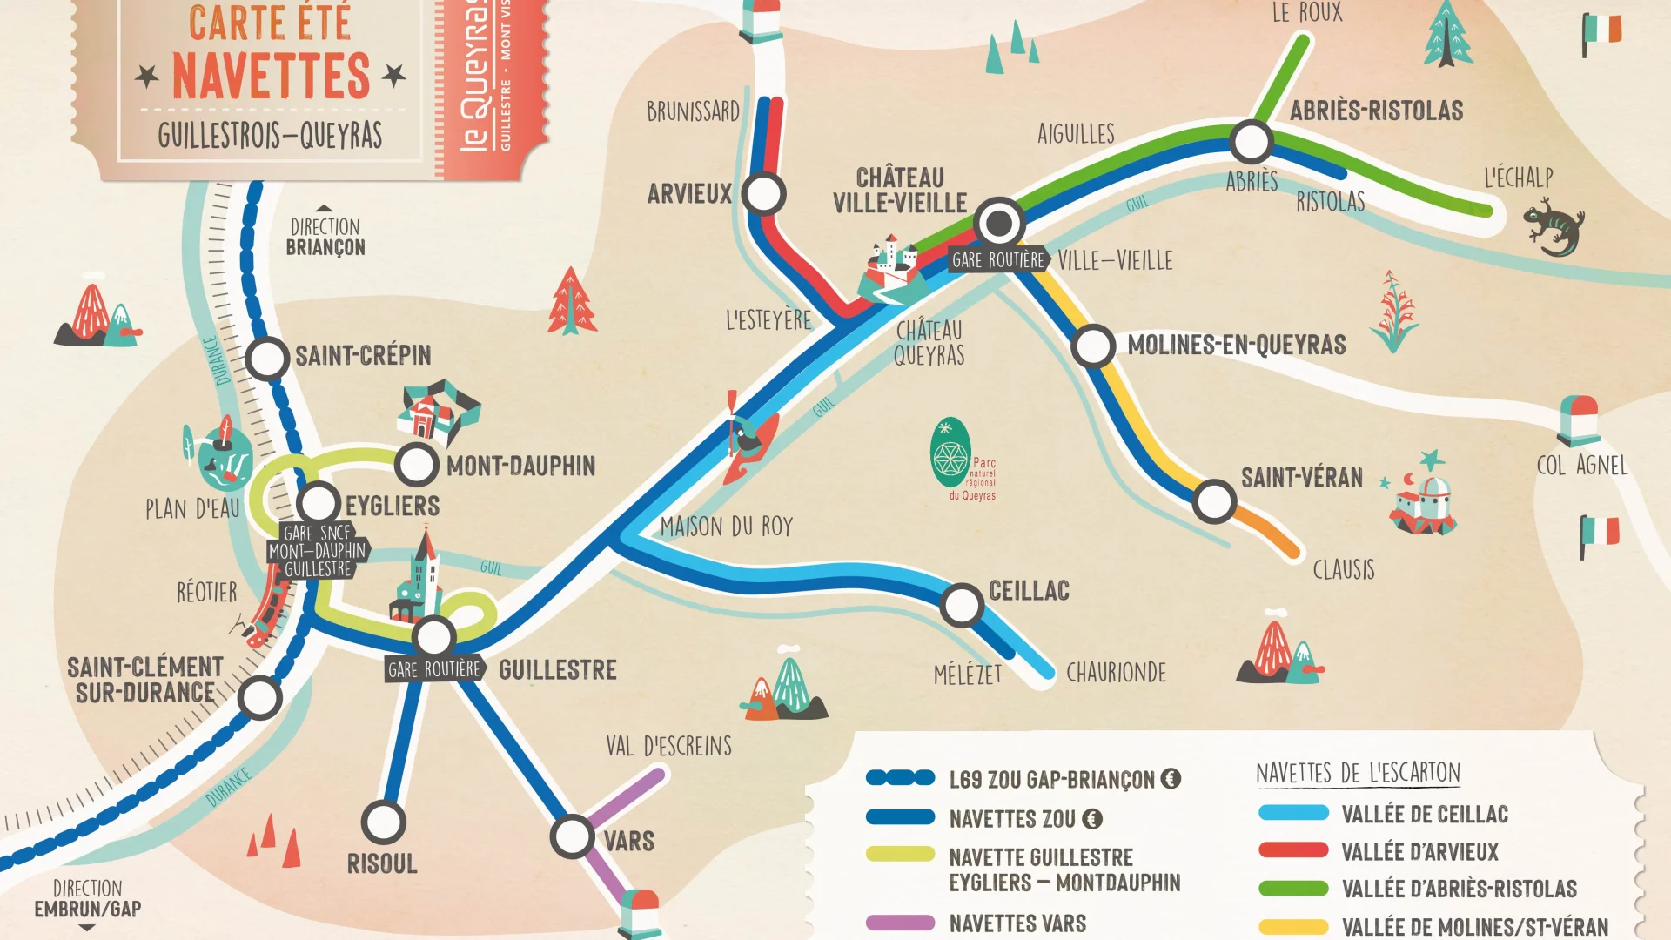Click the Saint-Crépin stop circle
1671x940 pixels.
pyautogui.click(x=266, y=358)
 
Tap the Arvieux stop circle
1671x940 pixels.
pyautogui.click(x=764, y=194)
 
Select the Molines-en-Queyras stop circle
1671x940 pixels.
pyautogui.click(x=1093, y=346)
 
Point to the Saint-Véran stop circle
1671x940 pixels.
pyautogui.click(x=1214, y=501)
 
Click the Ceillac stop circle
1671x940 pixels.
pyautogui.click(x=962, y=605)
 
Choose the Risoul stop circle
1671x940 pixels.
pyautogui.click(x=383, y=822)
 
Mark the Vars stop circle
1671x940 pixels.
pyautogui.click(x=572, y=836)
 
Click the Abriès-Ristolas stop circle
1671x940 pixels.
pyautogui.click(x=1252, y=142)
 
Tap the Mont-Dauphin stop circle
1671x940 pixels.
pyautogui.click(x=416, y=465)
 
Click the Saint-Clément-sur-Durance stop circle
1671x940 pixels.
pyautogui.click(x=259, y=697)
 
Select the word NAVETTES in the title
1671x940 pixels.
pyautogui.click(x=271, y=76)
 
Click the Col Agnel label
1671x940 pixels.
pyautogui.click(x=1581, y=466)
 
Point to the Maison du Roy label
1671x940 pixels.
pyautogui.click(x=727, y=527)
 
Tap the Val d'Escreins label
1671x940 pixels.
pyautogui.click(x=668, y=746)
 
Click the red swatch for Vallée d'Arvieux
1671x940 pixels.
pyautogui.click(x=1293, y=850)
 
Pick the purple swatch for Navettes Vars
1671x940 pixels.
pyautogui.click(x=900, y=923)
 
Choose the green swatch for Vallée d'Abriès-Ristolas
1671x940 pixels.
pyautogui.click(x=1293, y=889)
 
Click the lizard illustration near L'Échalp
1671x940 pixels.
pyautogui.click(x=1554, y=225)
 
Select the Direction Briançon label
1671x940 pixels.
pyautogui.click(x=325, y=237)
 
